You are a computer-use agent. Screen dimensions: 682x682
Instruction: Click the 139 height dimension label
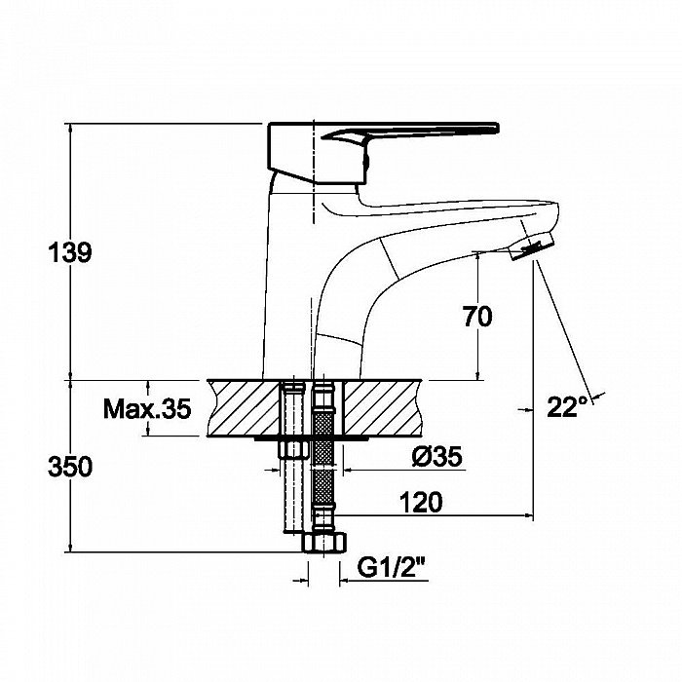pos(70,252)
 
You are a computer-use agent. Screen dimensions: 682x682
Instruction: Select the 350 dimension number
pos(70,467)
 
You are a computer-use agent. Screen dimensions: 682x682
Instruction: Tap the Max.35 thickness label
pos(147,408)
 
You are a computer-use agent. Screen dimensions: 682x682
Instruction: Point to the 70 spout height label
pos(477,317)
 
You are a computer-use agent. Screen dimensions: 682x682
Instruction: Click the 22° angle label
pos(568,407)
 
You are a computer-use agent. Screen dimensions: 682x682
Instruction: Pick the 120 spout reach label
pos(421,502)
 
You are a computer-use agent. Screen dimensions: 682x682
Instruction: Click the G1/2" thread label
pos(391,567)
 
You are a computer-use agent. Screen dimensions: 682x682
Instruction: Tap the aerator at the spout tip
pos(532,246)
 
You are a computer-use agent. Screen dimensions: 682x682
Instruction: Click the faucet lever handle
pos(410,133)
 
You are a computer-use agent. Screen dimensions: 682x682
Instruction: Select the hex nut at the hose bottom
pos(324,543)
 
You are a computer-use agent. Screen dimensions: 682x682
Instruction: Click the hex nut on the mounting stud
pos(293,449)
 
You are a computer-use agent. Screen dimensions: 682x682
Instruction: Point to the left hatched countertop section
pos(244,408)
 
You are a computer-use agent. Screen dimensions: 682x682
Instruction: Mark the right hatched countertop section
pos(384,408)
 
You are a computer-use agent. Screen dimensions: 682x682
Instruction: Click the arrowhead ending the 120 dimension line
pos(529,515)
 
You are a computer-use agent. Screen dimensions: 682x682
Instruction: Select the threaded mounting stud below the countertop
pos(293,495)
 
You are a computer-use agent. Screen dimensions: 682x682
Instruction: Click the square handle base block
pos(317,152)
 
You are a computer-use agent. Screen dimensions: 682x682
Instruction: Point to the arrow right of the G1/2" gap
pos(345,580)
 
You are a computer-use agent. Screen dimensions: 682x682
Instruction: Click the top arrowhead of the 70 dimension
pos(478,256)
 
